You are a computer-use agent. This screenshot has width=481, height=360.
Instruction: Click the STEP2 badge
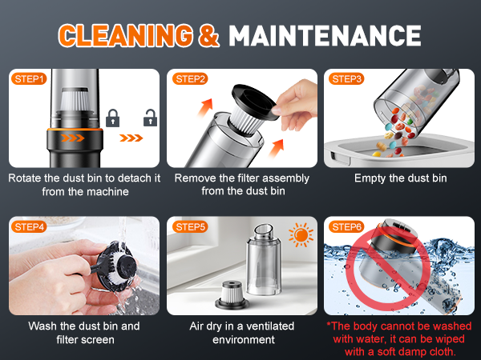[x=189, y=79]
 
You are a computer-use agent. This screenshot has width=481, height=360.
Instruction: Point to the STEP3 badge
[x=346, y=79]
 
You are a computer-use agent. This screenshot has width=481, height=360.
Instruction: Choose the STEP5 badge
[x=189, y=226]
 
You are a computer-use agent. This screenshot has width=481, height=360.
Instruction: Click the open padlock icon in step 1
[x=149, y=121]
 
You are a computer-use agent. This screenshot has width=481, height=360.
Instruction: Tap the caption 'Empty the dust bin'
[x=400, y=178]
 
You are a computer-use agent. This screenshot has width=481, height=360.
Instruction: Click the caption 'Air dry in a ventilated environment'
[x=242, y=333]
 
